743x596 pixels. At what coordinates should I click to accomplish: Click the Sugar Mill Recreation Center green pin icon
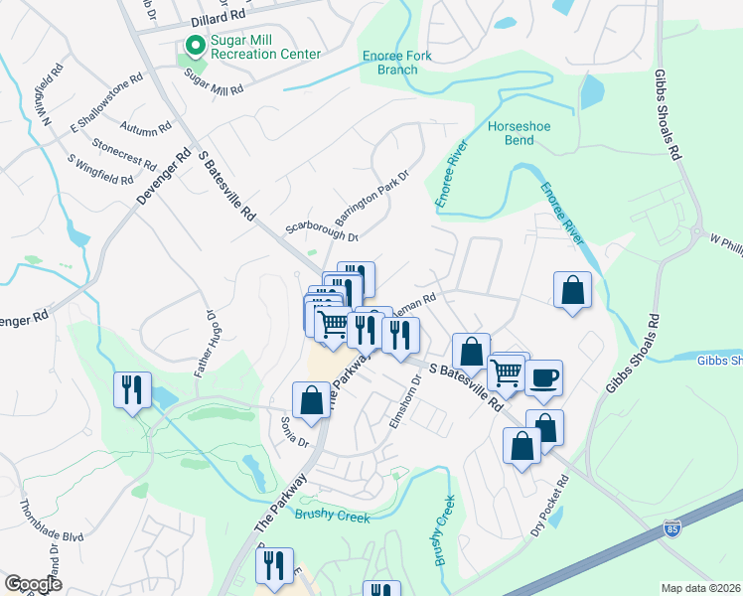(193, 46)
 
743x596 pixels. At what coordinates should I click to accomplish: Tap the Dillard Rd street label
(217, 17)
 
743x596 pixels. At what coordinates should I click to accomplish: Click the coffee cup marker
(543, 377)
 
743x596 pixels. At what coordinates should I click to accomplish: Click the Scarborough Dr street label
(322, 229)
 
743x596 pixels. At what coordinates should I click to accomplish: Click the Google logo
(34, 584)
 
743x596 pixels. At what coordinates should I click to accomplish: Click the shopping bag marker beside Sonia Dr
(311, 399)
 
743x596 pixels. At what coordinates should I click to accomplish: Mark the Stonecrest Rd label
(124, 154)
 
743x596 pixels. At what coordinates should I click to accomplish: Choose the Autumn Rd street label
(145, 128)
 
